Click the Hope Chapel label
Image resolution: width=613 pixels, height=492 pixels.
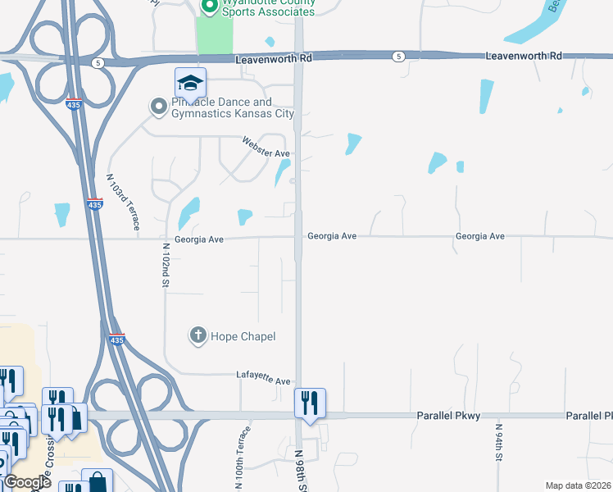[x=243, y=336]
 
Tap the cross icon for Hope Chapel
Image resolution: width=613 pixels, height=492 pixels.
[x=198, y=335]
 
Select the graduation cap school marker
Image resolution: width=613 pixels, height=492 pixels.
[x=190, y=83]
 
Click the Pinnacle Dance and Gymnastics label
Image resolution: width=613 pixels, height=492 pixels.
[x=232, y=108]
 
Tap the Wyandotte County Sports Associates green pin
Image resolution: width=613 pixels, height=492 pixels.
[x=208, y=7]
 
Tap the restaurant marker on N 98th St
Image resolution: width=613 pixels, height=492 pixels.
[x=310, y=403]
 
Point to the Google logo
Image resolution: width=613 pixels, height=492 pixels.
[x=26, y=482]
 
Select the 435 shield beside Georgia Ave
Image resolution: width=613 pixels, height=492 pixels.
[x=94, y=205]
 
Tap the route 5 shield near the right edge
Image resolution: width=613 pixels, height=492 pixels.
[x=398, y=56]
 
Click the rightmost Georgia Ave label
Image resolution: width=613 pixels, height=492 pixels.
[x=479, y=236]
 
